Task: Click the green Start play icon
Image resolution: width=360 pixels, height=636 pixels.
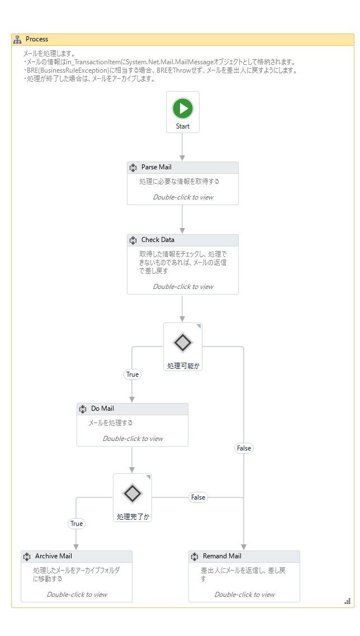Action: [183, 108]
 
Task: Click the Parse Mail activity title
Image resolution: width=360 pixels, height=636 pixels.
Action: [156, 167]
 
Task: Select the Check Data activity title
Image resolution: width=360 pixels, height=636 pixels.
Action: [158, 240]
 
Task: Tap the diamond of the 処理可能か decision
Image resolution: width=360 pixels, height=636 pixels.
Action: [183, 342]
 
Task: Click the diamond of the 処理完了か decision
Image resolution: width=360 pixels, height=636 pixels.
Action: [132, 493]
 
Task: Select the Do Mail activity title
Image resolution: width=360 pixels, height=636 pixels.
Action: [102, 409]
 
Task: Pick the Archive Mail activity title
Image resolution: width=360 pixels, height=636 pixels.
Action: [53, 556]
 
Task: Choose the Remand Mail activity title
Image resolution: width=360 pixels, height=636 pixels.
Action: [222, 556]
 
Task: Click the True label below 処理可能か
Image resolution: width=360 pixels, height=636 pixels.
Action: [132, 374]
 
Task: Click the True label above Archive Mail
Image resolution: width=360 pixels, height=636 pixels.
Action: [77, 524]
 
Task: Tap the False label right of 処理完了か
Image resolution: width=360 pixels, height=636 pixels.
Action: [198, 497]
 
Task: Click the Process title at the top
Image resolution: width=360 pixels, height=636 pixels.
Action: [37, 39]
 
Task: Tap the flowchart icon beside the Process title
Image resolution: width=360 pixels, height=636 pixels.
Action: [17, 39]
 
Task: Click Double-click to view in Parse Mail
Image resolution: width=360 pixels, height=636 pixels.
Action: [183, 197]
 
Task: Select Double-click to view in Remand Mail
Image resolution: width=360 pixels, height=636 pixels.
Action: [244, 595]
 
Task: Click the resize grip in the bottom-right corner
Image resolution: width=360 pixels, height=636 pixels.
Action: [348, 601]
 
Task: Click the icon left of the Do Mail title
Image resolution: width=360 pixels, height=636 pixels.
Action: [83, 409]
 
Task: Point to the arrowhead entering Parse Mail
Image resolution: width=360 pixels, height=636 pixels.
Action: [182, 158]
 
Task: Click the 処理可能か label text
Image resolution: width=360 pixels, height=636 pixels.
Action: [183, 366]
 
